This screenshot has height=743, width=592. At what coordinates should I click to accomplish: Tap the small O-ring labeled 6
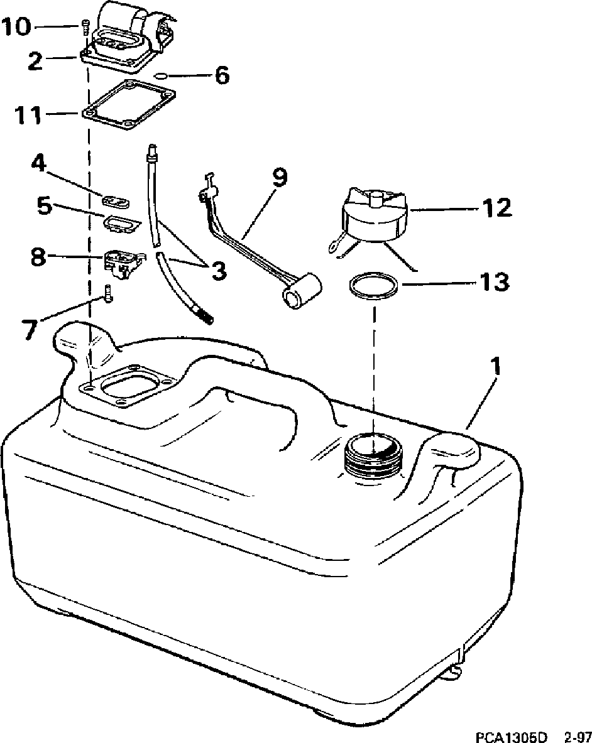(x=160, y=76)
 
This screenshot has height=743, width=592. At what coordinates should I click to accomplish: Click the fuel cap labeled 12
(x=374, y=217)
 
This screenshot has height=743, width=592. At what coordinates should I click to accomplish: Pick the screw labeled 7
(x=109, y=293)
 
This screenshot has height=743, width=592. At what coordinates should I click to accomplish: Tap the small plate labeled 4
(x=116, y=201)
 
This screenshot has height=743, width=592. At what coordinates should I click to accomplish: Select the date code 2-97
(x=577, y=735)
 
